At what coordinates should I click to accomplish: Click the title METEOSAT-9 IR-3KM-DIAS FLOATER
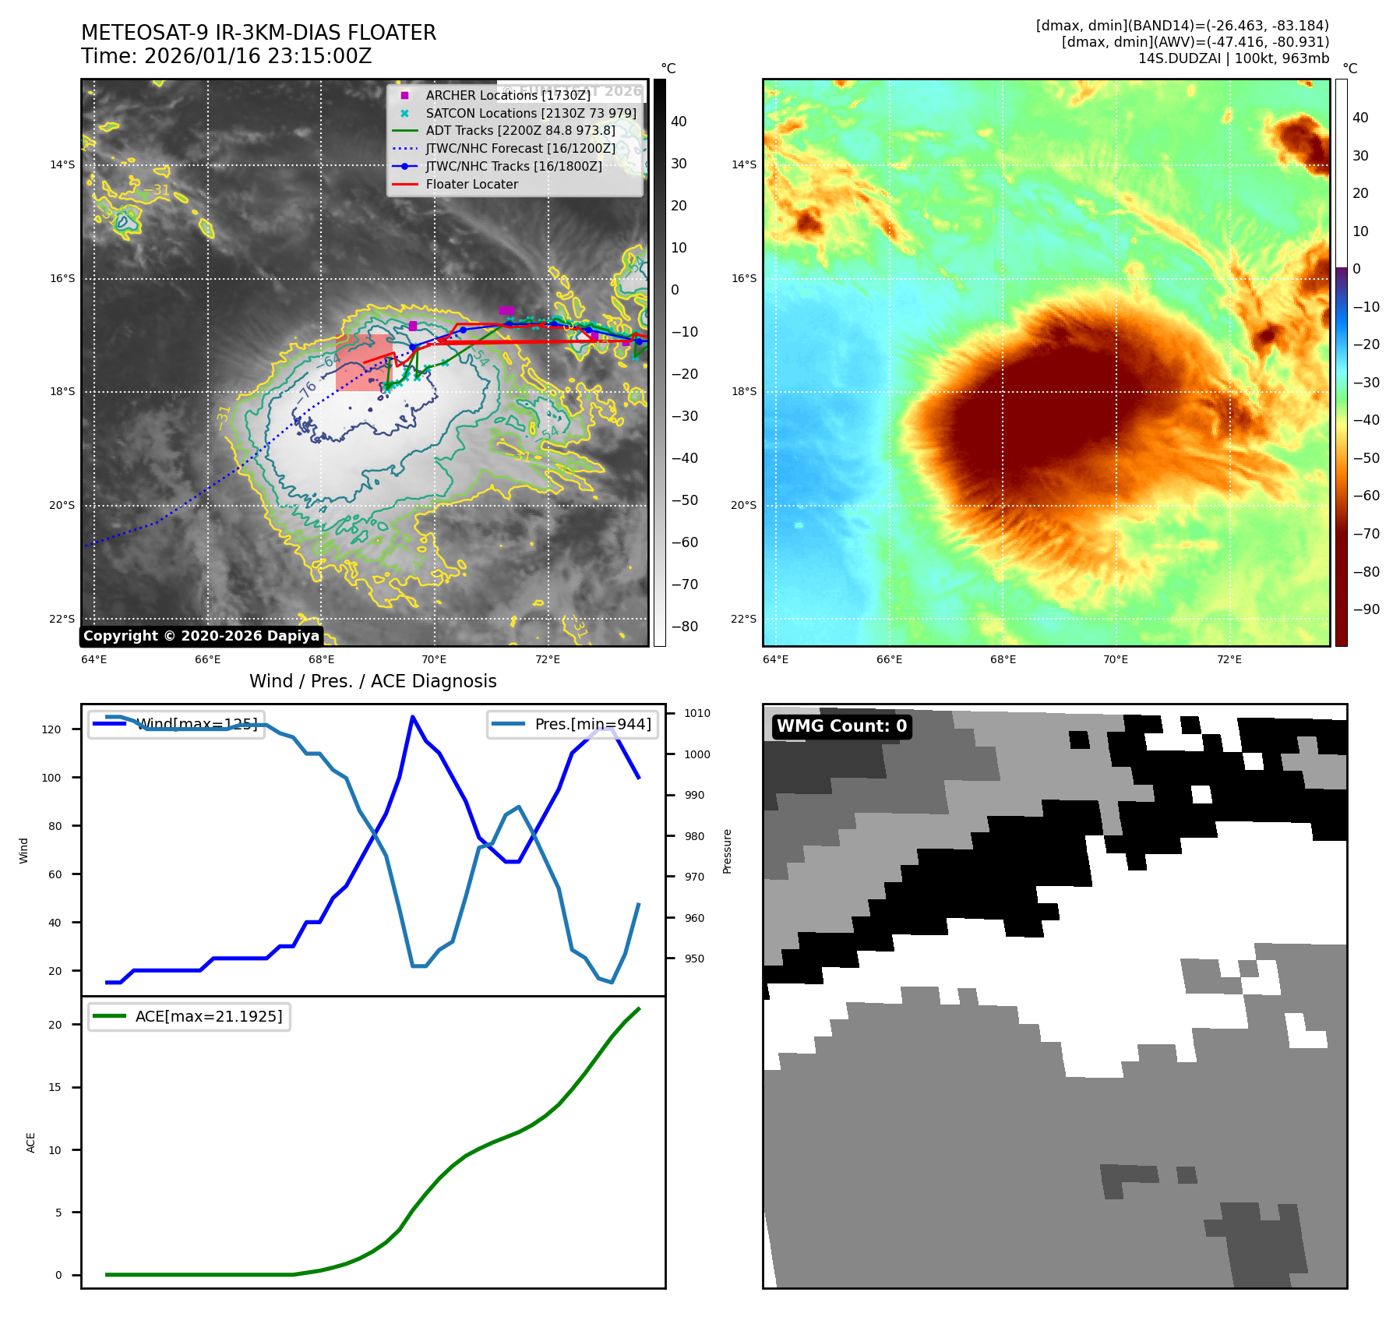pos(259,33)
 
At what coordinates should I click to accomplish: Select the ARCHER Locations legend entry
pos(507,95)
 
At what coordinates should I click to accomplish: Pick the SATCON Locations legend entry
pos(531,113)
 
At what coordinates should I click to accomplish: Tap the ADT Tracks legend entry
pos(520,131)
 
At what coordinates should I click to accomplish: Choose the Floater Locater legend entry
pos(471,185)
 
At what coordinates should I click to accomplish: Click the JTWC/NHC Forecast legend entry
pos(520,149)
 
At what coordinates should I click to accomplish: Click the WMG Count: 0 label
pos(841,726)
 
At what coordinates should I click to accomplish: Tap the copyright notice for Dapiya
pos(201,636)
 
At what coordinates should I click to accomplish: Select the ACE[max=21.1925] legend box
pos(189,1016)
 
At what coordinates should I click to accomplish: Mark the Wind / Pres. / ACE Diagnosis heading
pos(372,681)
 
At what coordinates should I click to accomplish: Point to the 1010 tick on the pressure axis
pos(697,713)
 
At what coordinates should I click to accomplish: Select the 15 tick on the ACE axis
pos(55,1087)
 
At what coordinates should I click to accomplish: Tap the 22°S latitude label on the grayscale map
pos(62,619)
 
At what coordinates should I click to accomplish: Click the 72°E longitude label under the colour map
pos(1229,659)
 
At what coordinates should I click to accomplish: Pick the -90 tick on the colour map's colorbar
pos(1366,609)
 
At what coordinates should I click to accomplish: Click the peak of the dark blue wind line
pos(412,716)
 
